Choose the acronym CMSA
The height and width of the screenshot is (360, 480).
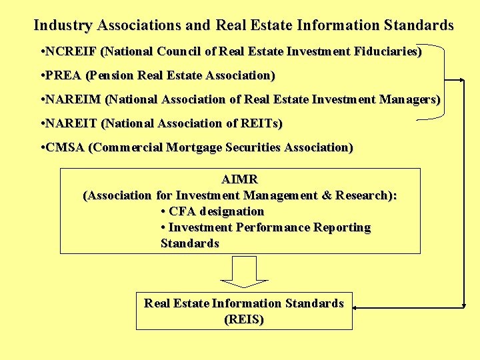point(65,147)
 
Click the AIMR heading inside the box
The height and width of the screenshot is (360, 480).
point(240,179)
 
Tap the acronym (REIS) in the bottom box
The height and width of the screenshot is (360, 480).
point(244,319)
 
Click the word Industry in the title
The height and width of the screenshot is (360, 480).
point(63,25)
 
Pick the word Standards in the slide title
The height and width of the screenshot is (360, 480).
point(419,25)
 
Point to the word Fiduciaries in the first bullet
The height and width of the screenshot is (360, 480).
point(383,51)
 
